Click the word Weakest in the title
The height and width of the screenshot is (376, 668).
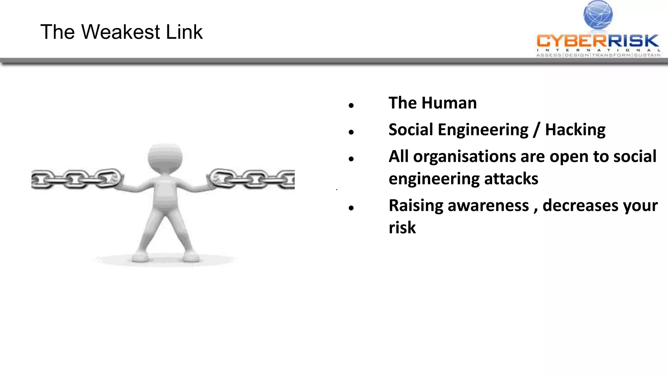[x=120, y=32]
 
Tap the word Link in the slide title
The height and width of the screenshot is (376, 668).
[x=184, y=32]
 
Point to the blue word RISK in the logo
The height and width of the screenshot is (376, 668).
[x=633, y=41]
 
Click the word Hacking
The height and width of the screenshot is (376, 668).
[x=575, y=130]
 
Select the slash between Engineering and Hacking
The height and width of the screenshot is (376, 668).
[x=537, y=130]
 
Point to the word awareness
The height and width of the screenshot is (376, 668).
[x=488, y=206]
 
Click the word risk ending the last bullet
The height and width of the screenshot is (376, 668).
[x=402, y=227]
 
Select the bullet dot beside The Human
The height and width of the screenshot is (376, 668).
[x=351, y=105]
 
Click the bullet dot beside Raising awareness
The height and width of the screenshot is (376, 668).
[x=351, y=208]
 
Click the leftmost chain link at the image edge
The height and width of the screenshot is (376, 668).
[x=39, y=179]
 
